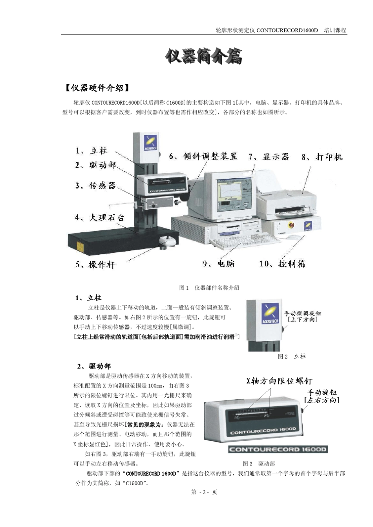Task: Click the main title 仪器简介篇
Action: click(x=203, y=57)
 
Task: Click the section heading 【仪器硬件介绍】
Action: click(x=97, y=88)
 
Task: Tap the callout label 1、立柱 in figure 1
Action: click(x=91, y=151)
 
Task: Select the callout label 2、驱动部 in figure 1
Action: click(x=96, y=165)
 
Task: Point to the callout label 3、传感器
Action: click(x=96, y=185)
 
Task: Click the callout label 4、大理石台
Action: click(x=100, y=217)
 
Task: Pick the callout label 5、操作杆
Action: click(x=95, y=264)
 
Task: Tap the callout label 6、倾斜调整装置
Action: click(x=203, y=156)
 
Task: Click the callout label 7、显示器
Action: click(x=269, y=157)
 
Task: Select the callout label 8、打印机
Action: click(x=322, y=157)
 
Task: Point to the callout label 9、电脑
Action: click(x=219, y=264)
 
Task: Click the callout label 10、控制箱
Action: click(x=282, y=264)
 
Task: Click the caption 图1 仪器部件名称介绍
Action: click(x=209, y=288)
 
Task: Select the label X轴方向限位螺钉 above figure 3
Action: click(x=279, y=381)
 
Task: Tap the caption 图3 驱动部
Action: click(x=259, y=464)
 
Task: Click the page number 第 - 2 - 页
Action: click(x=204, y=492)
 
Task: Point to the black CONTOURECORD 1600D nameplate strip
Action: click(x=278, y=449)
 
